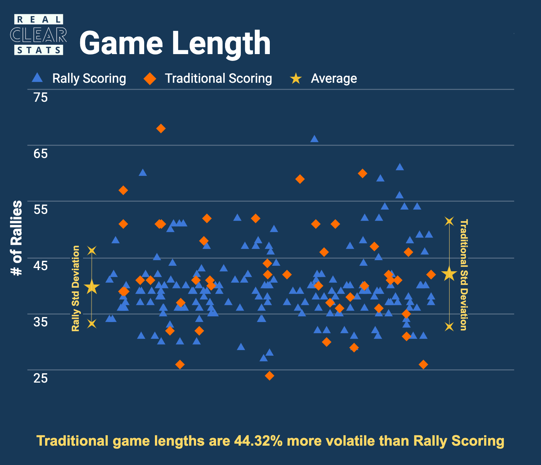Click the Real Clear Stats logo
(38, 35)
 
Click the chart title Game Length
(175, 43)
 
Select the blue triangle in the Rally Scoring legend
(37, 78)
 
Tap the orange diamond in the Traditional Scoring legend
(150, 78)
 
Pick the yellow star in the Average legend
(296, 78)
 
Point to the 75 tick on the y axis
(40, 97)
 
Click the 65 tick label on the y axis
(40, 154)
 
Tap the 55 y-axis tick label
(40, 210)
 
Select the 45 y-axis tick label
(40, 266)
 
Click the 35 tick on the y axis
(40, 322)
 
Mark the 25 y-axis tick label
(40, 378)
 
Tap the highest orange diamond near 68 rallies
(161, 129)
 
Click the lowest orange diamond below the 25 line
(269, 376)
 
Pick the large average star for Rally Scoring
(92, 287)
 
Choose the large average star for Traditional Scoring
(449, 274)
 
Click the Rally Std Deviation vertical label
(75, 288)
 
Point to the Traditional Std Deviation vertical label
(463, 275)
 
